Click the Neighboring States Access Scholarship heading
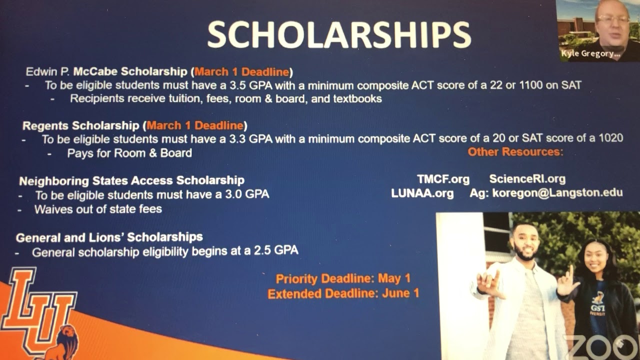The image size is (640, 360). coord(131,180)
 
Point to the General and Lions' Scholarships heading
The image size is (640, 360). coord(109,237)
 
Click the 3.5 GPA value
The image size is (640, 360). coord(249,85)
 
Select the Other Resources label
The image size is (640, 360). coord(515,151)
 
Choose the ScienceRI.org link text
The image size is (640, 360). coord(527,179)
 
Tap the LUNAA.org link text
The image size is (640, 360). coord(422,193)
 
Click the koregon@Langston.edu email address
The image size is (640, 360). coord(557,193)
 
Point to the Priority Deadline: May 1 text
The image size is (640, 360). coord(343,279)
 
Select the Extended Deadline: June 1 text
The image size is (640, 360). coord(343,293)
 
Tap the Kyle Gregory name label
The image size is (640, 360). coord(590,54)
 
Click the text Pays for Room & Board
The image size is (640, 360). coord(129,153)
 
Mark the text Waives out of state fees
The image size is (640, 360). coord(98,209)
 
